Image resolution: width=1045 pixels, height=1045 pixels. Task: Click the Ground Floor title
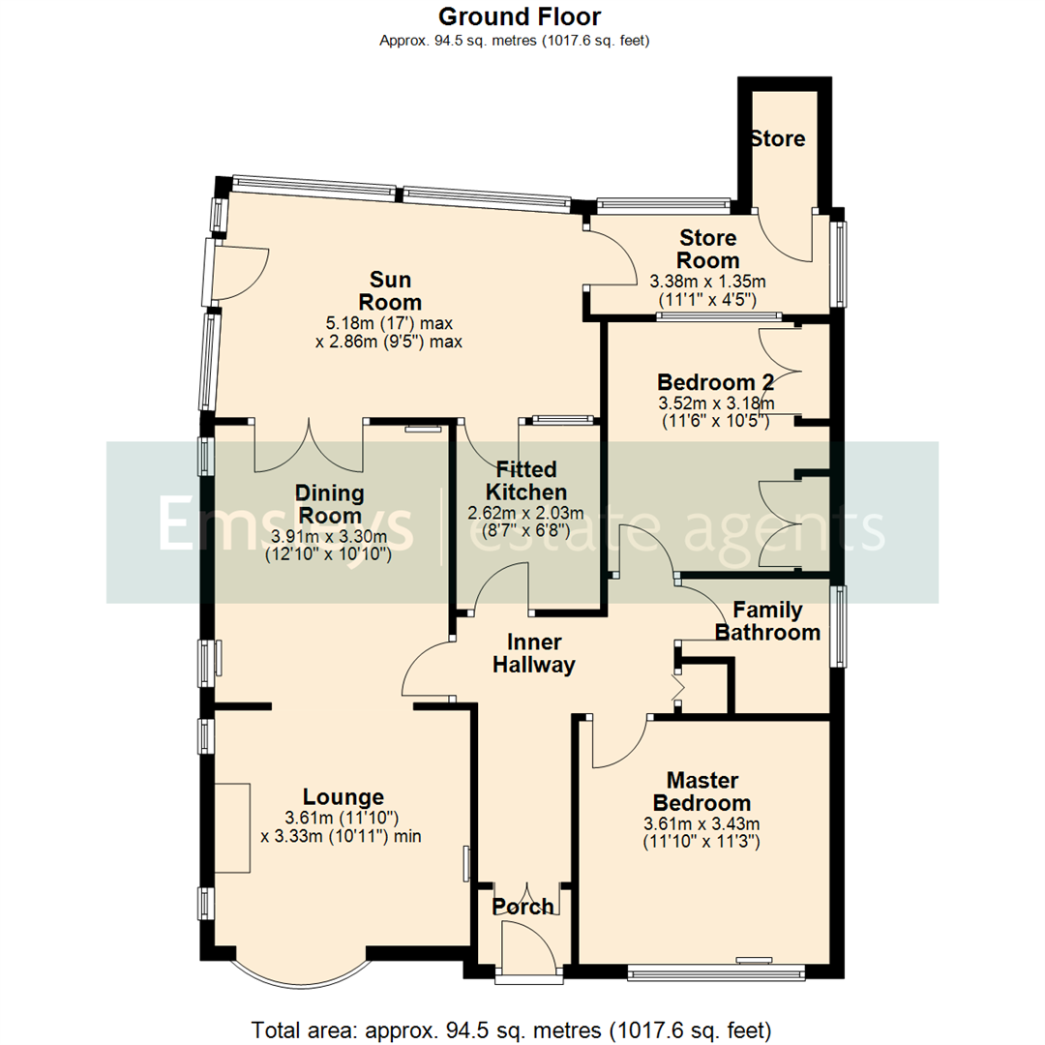pos(520,16)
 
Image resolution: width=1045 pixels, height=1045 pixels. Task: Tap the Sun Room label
pos(385,291)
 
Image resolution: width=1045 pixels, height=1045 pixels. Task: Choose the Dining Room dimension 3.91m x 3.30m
pos(328,537)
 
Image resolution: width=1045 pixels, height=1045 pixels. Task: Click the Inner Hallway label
pos(534,653)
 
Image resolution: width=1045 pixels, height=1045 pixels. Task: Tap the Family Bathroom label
pos(767,621)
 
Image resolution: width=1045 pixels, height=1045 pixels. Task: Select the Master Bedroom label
pos(702,791)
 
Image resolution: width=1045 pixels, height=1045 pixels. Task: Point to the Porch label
pos(523,907)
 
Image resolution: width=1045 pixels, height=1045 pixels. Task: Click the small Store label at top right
pos(778,138)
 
